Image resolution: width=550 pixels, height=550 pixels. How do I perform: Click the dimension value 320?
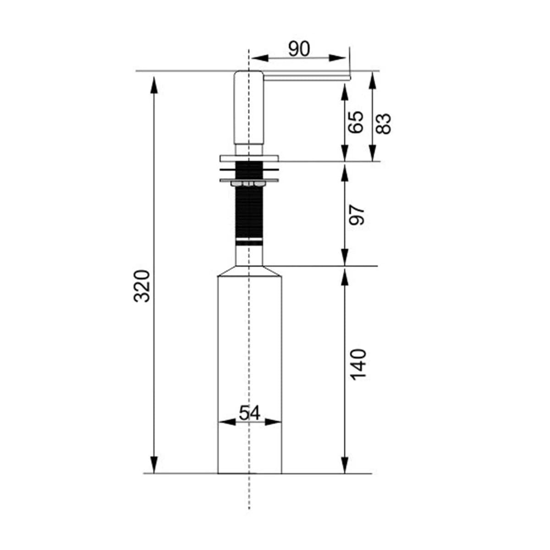click(x=142, y=286)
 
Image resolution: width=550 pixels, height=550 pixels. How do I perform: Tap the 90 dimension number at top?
click(x=299, y=49)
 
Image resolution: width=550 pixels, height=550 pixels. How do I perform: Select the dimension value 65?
click(x=356, y=122)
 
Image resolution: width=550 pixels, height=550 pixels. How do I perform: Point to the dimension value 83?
click(x=383, y=124)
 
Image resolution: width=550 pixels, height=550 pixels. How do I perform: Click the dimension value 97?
click(x=357, y=214)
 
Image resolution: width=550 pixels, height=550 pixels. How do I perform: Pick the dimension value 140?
click(x=358, y=364)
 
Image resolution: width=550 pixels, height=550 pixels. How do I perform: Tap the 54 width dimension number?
click(x=250, y=413)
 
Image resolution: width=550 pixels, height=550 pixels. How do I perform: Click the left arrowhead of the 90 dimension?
click(x=260, y=58)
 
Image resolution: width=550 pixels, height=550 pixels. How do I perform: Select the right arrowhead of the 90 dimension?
click(x=337, y=58)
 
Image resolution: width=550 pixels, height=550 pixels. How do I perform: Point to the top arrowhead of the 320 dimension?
click(x=154, y=85)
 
